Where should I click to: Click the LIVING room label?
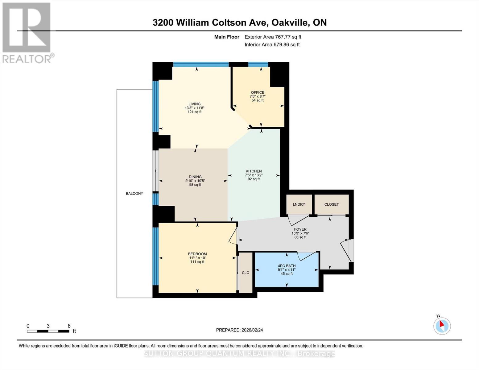[x=195, y=104]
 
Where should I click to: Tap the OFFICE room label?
[x=258, y=92]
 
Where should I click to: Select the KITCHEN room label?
[x=254, y=171]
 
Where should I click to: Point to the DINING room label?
[x=195, y=177]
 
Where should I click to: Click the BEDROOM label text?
[x=197, y=254]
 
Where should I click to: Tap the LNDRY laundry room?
[x=299, y=204]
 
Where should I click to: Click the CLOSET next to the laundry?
[x=332, y=204]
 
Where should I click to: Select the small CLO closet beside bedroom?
[x=246, y=273]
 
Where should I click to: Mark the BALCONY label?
[x=134, y=194]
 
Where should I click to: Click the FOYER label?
[x=300, y=229]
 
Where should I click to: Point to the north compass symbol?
[x=442, y=326]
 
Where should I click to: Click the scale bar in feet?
[x=48, y=331]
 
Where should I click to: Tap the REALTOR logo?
[x=27, y=32]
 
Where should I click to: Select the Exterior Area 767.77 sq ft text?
[x=273, y=37]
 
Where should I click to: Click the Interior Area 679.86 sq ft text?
[x=272, y=45]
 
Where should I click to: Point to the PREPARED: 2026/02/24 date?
[x=239, y=330]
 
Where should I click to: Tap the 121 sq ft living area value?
[x=195, y=112]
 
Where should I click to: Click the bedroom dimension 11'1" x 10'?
[x=197, y=258]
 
